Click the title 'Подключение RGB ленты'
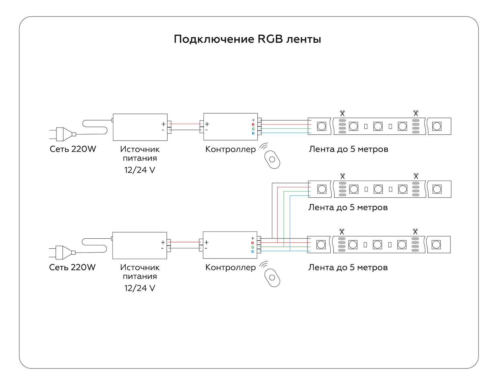tap(247, 39)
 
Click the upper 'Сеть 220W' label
tap(73, 149)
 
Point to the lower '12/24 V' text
tap(139, 288)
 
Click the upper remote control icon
tap(272, 159)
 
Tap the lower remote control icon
tap(272, 278)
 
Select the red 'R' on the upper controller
tap(253, 125)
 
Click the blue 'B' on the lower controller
tap(252, 252)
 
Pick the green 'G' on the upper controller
tap(253, 129)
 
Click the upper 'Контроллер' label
tap(230, 149)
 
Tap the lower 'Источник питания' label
tap(140, 272)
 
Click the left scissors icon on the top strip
tap(342, 113)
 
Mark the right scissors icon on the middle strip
tap(416, 176)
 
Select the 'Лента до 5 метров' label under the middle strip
tap(348, 207)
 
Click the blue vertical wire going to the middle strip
tap(290, 221)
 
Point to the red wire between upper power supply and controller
tap(185, 124)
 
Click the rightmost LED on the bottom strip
tap(436, 245)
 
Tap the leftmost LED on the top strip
tap(321, 126)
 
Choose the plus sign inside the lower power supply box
tap(163, 242)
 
